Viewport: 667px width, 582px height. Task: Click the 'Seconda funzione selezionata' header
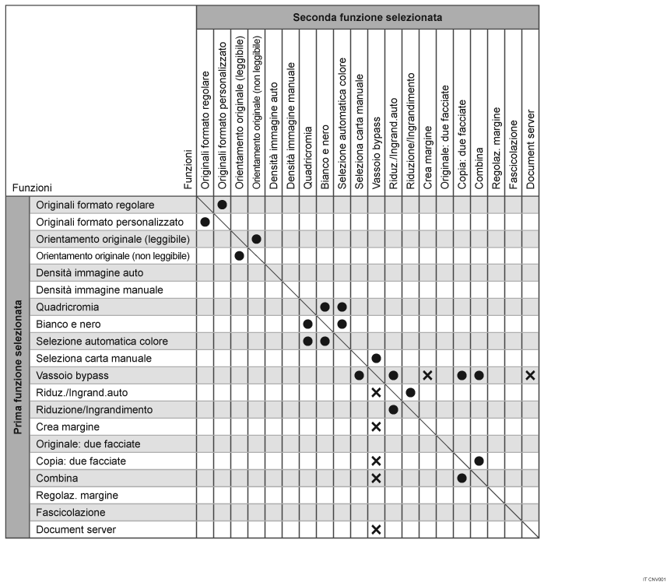[x=367, y=16]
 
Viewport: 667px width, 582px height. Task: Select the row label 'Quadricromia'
[x=68, y=307]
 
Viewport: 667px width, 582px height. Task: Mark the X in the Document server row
[x=376, y=530]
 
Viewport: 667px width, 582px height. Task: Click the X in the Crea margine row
[x=376, y=427]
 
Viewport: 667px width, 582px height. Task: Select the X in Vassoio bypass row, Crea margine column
[x=427, y=376]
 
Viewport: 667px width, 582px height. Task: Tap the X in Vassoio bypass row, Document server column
[x=530, y=376]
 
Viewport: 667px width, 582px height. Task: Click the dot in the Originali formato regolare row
[x=222, y=205]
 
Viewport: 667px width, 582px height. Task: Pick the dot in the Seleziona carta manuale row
[x=376, y=359]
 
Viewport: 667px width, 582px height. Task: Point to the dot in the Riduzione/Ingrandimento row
[x=393, y=410]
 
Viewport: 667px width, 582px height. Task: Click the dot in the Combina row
[x=462, y=479]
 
